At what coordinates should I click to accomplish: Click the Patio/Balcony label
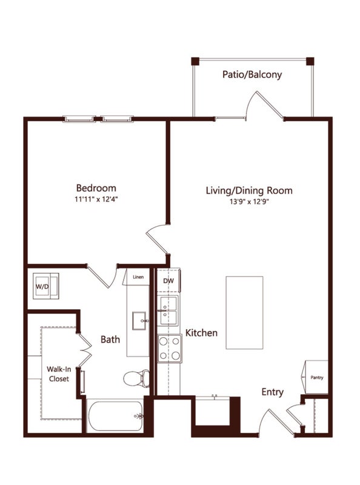pos(252,75)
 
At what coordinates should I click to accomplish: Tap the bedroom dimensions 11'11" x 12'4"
pos(96,199)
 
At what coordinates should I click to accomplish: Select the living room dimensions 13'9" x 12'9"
pos(249,202)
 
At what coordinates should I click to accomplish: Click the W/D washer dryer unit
pos(46,286)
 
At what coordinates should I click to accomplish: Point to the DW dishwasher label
pos(168,281)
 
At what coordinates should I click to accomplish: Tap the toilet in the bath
pos(136,378)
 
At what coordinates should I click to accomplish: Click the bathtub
pos(115,416)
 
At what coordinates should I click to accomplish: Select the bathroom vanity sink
pos(139,321)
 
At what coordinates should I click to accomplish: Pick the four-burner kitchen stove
pos(170,348)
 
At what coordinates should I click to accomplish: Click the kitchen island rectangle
pos(244,313)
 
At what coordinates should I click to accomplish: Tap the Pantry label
pos(317,377)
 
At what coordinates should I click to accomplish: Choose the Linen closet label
pos(138,277)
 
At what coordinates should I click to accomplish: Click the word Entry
pos(273,392)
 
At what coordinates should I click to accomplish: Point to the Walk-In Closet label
pos(59,373)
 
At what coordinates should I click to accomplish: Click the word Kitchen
pos(201,333)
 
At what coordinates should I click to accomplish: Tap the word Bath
pos(110,339)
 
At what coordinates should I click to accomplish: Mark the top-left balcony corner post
pos(195,61)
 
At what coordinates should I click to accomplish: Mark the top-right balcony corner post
pos(310,61)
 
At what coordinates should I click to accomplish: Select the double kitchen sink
pos(168,310)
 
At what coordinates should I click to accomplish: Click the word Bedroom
pos(96,188)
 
